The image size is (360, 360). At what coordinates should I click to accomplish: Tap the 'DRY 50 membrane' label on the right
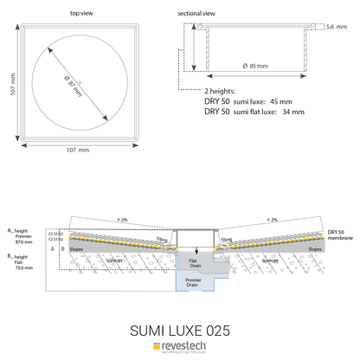[x=340, y=235]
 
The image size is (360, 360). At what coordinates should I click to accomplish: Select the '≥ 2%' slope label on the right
[x=272, y=220]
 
